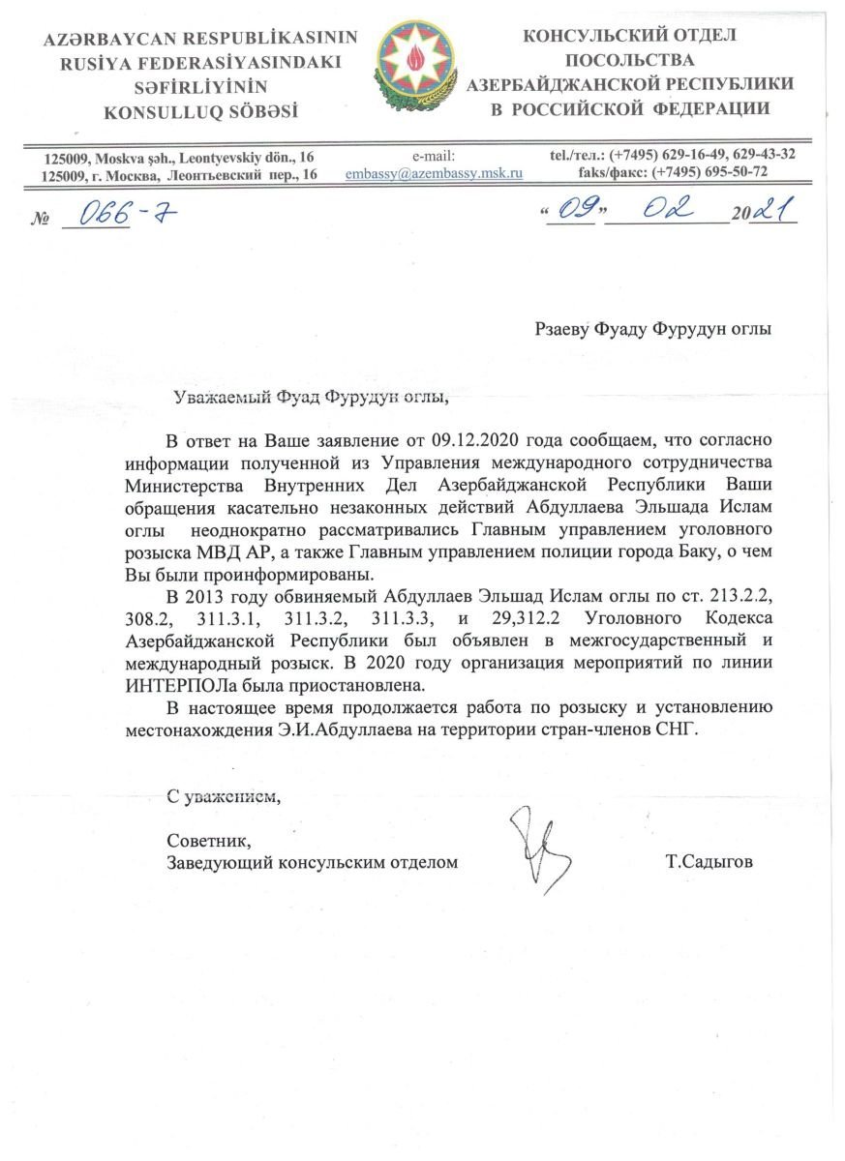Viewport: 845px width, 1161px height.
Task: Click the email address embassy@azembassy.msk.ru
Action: [x=434, y=173]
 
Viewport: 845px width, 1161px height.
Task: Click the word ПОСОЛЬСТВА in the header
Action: [x=628, y=60]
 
